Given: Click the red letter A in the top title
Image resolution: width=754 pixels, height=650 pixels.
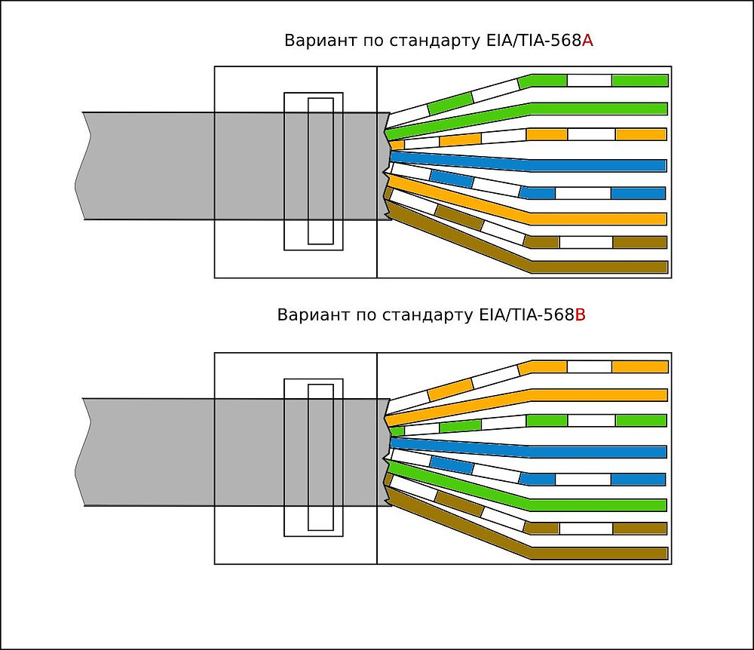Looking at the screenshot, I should (x=588, y=41).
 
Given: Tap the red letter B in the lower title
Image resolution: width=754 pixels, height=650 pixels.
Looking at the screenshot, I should (x=581, y=315).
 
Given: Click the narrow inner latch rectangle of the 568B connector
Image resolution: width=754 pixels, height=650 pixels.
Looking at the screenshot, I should (x=320, y=457).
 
